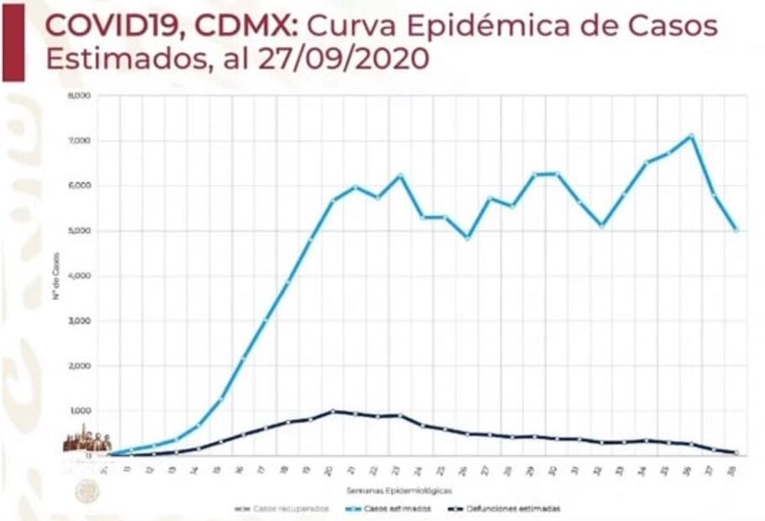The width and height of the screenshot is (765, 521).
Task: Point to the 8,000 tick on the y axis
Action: tap(79, 96)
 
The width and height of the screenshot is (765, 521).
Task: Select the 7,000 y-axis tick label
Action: tap(79, 140)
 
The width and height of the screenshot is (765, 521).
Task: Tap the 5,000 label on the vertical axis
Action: tap(79, 230)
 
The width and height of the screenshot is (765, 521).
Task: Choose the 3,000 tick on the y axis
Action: tap(79, 320)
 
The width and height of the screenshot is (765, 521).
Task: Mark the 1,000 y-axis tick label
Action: tap(79, 410)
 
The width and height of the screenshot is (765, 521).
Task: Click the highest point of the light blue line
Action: tap(691, 135)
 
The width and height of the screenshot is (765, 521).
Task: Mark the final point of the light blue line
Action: tap(736, 229)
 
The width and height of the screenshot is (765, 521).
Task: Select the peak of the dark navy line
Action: tap(333, 411)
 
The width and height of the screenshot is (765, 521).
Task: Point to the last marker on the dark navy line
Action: tap(736, 453)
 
